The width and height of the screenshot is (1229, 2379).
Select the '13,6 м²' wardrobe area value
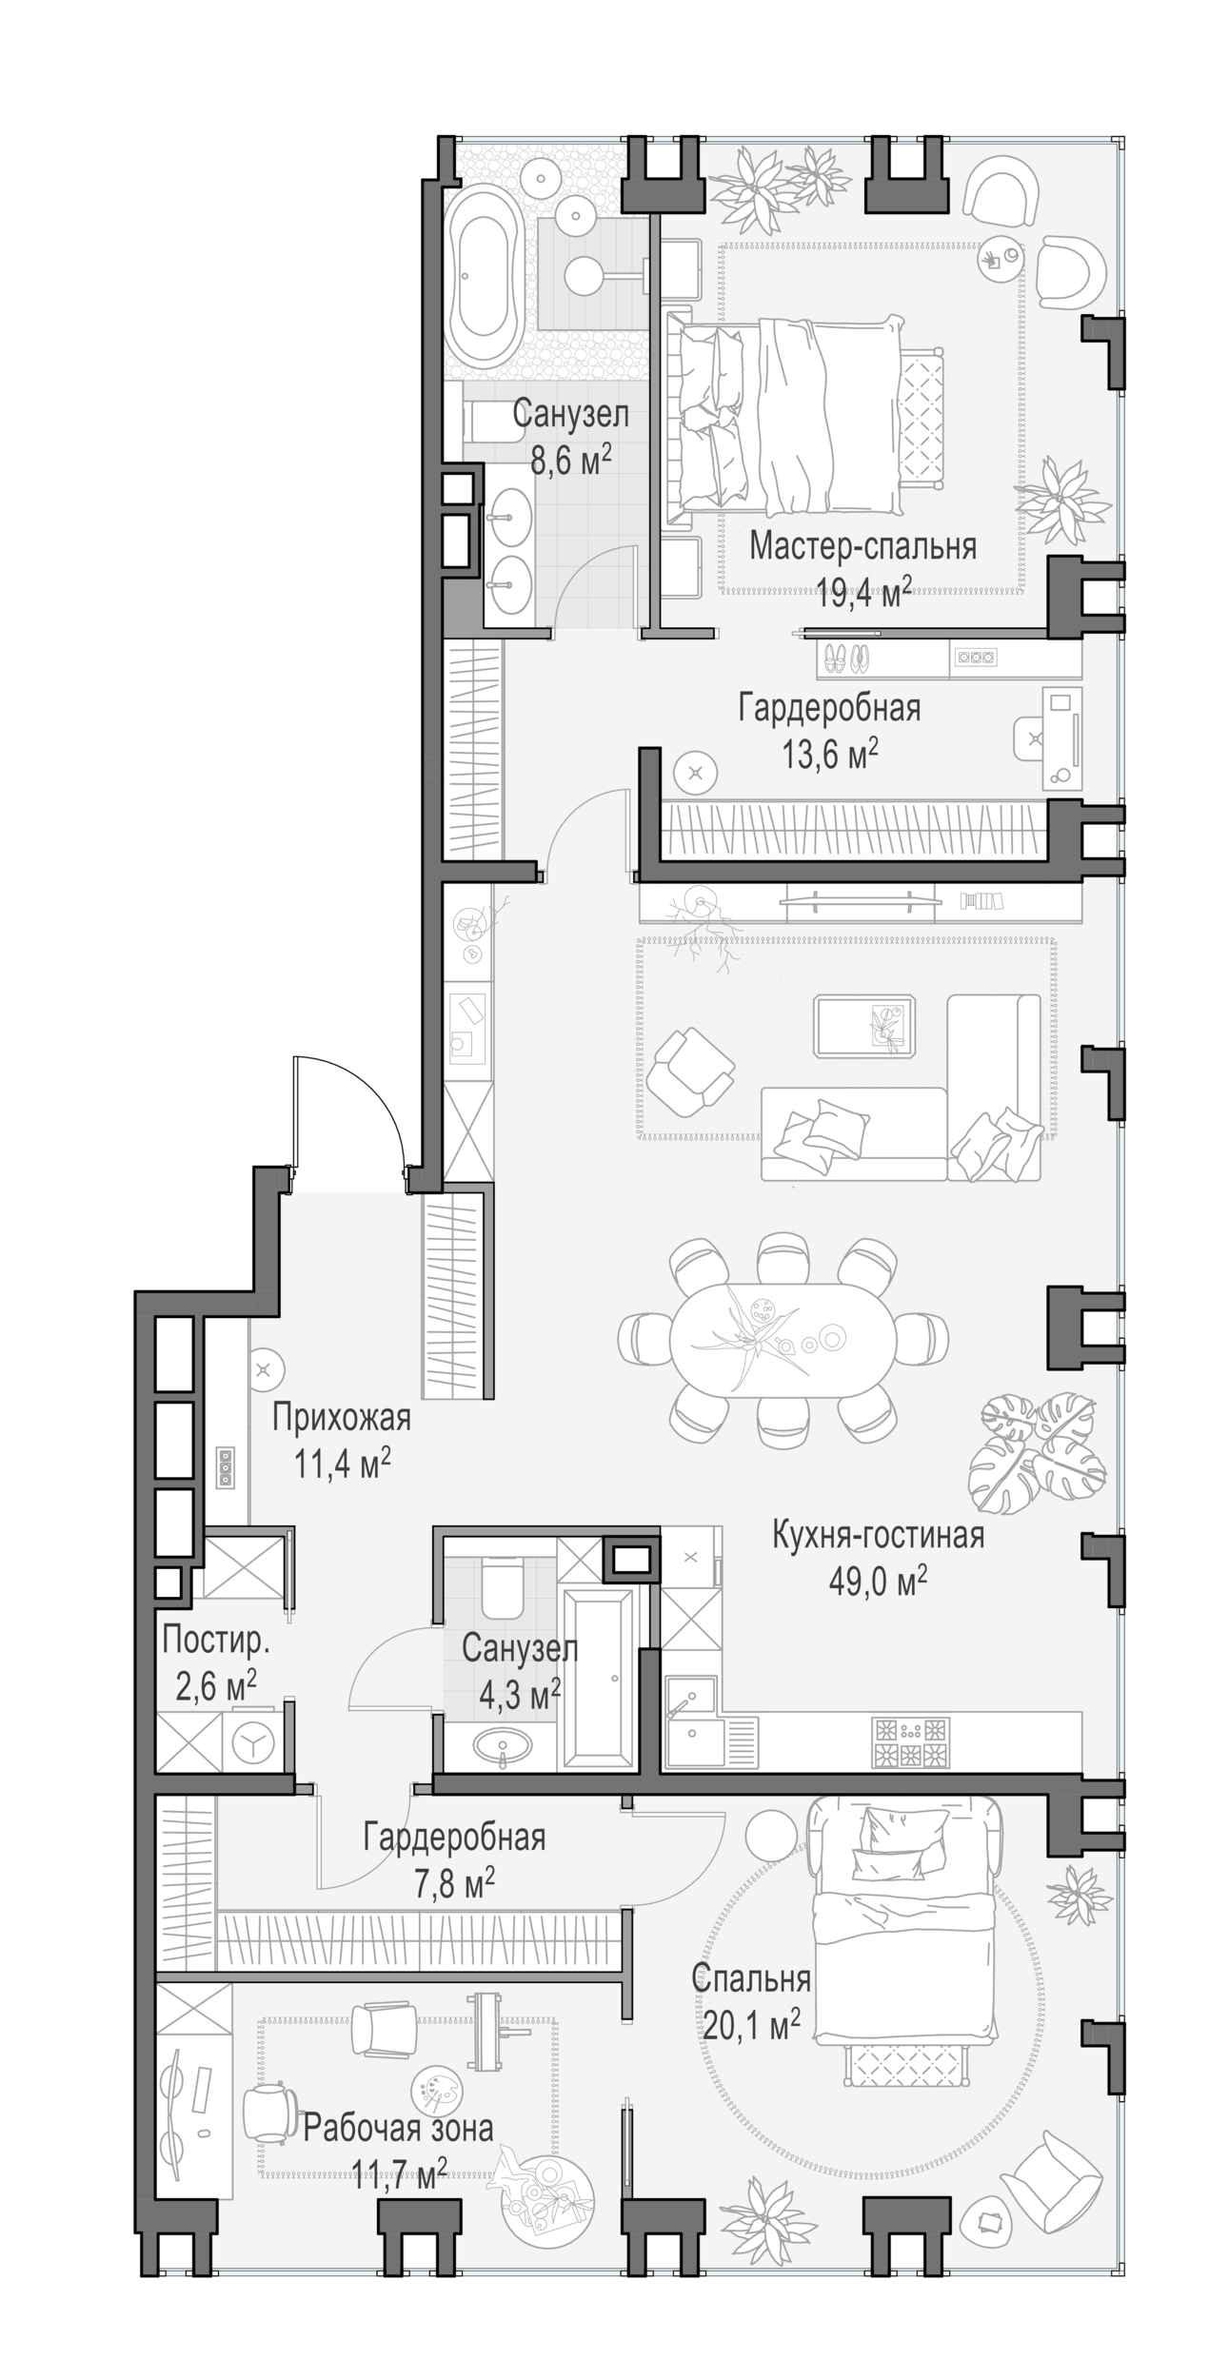tap(829, 755)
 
